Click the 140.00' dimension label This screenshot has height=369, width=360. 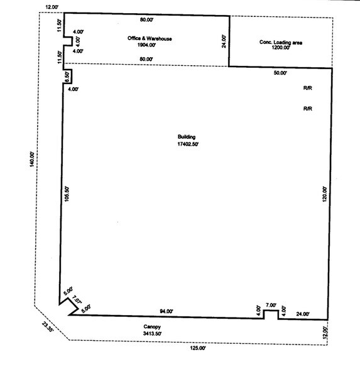tap(32, 159)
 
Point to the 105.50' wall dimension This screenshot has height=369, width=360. tap(67, 194)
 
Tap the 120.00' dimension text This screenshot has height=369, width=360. tap(324, 194)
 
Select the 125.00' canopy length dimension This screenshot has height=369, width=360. tap(198, 348)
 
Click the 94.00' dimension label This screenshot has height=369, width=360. tap(166, 311)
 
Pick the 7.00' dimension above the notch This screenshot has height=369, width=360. tap(271, 305)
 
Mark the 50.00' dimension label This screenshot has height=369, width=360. tap(280, 73)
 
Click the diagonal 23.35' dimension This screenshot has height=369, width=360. tap(48, 326)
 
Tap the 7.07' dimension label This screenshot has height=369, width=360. tap(77, 300)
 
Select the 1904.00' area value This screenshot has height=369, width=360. tap(146, 45)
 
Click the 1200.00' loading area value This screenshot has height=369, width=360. tap(281, 48)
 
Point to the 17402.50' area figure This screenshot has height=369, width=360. tap(188, 144)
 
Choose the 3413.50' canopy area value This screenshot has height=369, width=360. tap(152, 333)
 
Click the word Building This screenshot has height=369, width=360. tap(187, 137)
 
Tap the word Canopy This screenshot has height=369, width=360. tap(152, 326)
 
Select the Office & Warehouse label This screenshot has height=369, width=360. tap(150, 38)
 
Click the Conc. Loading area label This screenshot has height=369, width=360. tap(281, 43)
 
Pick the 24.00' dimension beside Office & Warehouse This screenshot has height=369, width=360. tap(224, 41)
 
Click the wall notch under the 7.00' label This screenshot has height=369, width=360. tap(271, 311)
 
